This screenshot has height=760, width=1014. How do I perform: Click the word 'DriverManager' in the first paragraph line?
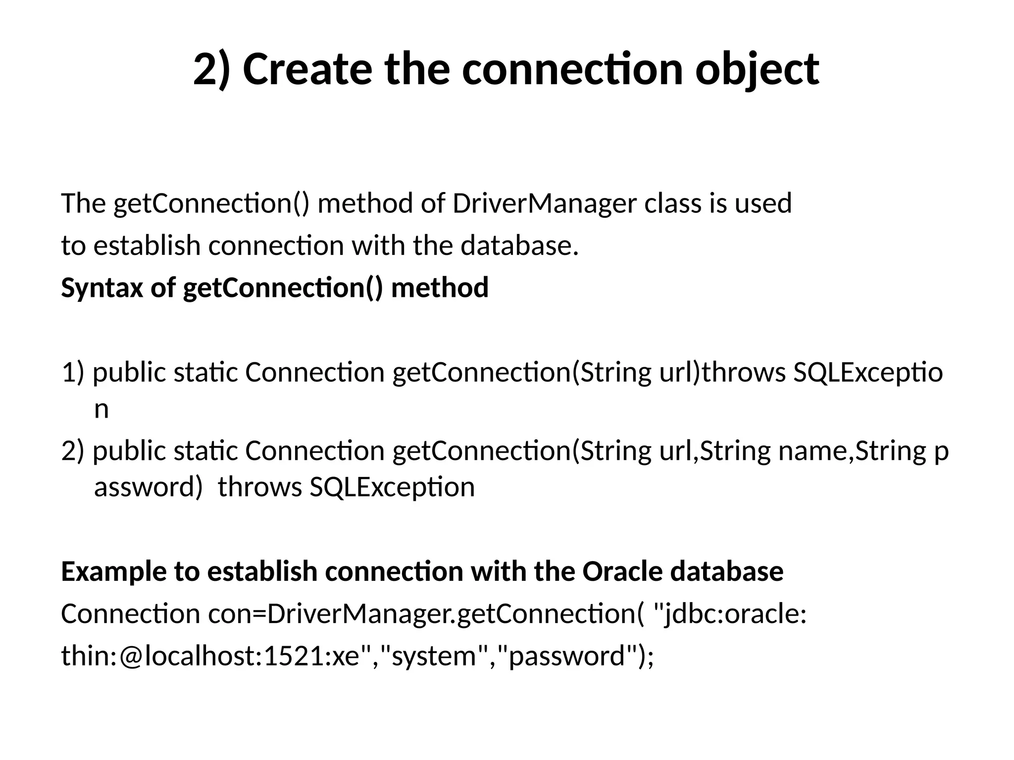coord(544,203)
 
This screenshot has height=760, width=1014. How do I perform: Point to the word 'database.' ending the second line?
coord(519,245)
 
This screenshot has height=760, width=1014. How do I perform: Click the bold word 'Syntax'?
coord(102,288)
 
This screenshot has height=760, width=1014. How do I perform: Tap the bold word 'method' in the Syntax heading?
coord(440,288)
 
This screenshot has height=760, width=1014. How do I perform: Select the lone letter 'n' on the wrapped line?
coord(101,409)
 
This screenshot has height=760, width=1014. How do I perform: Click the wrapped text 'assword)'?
coord(148,487)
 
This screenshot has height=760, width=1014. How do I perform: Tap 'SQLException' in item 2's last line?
coord(392,487)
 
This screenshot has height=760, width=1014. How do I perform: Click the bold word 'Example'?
coord(114,571)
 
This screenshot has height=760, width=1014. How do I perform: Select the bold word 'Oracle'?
coord(622,571)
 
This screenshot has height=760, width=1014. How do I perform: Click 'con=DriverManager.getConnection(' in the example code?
coord(425,614)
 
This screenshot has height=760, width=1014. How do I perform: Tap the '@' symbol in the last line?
coord(131,657)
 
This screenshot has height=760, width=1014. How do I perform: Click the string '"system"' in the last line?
coord(434,657)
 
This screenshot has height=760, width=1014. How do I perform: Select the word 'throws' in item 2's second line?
coord(259,487)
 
